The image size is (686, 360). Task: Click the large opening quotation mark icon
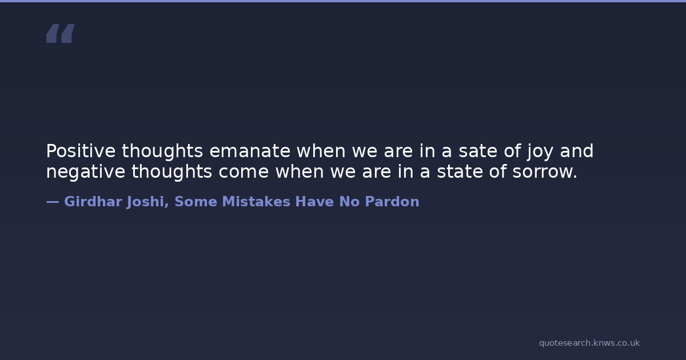coord(61,33)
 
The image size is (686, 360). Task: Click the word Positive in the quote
coord(81,151)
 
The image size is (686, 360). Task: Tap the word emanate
coord(250,151)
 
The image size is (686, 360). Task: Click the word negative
coord(86,172)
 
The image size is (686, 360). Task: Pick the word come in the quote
coord(244,172)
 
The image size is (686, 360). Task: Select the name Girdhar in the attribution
coord(93,201)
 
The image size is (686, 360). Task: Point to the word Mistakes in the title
coord(256,201)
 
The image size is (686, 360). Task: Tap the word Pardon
coord(392,201)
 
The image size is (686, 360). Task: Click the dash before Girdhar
coord(53,202)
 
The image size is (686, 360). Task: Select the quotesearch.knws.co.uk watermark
coord(589,343)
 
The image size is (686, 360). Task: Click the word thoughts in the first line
coord(162,151)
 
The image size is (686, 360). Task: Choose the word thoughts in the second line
coord(172,172)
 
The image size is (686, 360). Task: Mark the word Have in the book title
coord(314,201)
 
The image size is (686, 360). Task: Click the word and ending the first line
coord(577,151)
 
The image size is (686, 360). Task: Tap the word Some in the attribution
coord(196,201)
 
